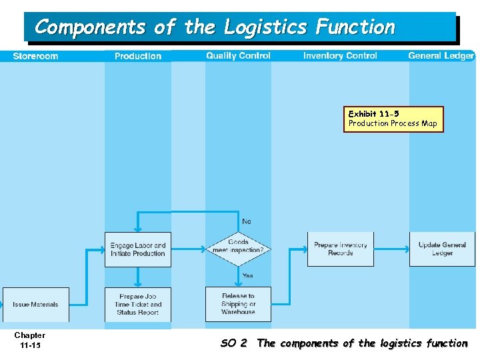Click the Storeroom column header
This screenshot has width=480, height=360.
coord(35,56)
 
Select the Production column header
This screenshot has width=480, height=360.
coord(138,56)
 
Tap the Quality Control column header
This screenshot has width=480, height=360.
coord(238,56)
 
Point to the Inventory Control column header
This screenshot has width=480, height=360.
coord(340,56)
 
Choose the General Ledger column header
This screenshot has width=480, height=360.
coord(441,56)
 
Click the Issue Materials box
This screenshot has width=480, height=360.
coord(36,305)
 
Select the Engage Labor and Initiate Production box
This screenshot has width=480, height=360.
coord(138,249)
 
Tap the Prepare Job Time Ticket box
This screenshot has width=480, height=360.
coord(138,305)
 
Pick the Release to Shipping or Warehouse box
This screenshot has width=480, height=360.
coord(238,305)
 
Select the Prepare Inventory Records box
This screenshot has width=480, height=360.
coord(341,249)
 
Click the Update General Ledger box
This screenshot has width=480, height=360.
coord(442,249)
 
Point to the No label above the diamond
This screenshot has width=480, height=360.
coord(247,221)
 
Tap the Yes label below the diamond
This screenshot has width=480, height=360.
coord(247,276)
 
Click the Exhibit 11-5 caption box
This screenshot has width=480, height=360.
coord(393,119)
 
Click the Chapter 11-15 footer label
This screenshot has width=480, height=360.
coord(30,340)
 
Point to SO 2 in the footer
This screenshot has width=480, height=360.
coord(234,343)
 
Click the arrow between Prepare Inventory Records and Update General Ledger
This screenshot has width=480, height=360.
coord(391,249)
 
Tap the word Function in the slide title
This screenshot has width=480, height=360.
coord(355,27)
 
